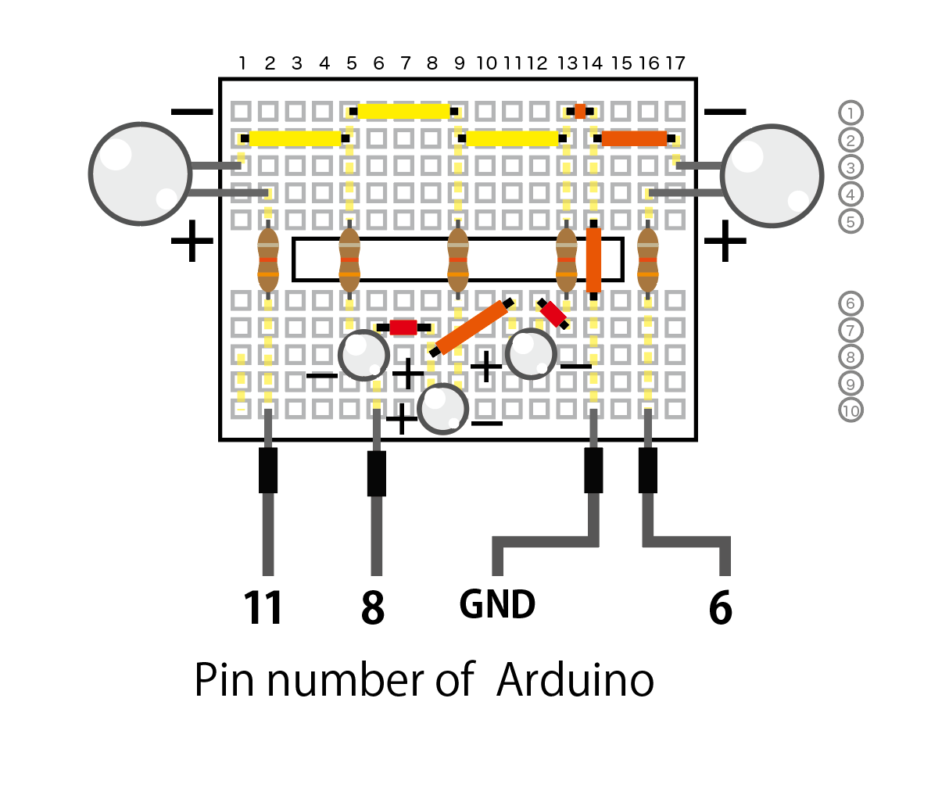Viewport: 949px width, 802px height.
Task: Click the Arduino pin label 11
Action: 263,607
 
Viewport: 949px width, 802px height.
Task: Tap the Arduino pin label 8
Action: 373,607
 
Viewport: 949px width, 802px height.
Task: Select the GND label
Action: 497,604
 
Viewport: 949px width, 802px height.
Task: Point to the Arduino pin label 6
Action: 720,607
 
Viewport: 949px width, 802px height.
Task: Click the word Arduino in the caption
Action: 575,680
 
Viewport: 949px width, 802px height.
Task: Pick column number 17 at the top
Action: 675,63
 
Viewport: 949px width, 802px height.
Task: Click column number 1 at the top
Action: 242,63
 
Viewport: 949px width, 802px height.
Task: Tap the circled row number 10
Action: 851,410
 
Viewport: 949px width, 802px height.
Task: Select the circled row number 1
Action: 851,113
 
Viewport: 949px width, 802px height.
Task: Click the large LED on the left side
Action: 140,174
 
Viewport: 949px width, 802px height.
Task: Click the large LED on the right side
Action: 772,176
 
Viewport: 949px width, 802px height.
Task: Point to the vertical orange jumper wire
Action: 594,260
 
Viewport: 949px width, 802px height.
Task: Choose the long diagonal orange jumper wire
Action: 471,328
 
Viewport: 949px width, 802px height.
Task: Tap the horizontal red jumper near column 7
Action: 403,328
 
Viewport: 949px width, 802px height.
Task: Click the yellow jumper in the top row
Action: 404,111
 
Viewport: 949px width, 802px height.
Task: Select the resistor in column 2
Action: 268,260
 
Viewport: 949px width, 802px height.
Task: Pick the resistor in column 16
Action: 648,260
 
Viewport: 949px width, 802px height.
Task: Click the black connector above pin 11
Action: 268,470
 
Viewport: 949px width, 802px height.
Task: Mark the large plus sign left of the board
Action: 192,241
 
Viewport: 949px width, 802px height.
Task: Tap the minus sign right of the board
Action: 725,112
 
